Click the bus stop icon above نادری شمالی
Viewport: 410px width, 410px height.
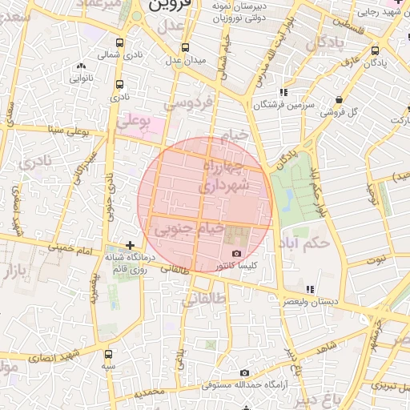point(120,43)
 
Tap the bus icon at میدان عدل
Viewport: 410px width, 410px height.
point(186,48)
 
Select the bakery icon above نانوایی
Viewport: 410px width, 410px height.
point(80,67)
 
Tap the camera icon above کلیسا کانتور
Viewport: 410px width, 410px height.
point(236,254)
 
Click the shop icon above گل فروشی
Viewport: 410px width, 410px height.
point(340,100)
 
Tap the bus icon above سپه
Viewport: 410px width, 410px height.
point(108,353)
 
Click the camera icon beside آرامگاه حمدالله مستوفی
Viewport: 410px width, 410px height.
point(244,372)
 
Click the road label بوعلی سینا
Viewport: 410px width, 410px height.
point(68,128)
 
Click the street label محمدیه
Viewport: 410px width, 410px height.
point(149,393)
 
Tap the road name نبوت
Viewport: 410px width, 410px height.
point(376,259)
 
